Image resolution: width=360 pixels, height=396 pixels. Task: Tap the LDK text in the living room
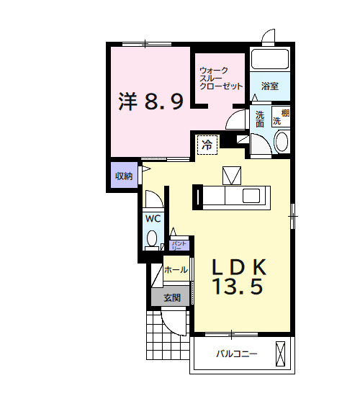pos(239,267)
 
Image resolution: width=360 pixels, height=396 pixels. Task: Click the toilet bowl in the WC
pos(153,238)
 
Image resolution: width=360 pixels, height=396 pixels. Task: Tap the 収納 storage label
pos(123,176)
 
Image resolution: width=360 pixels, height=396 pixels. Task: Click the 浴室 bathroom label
pos(270,86)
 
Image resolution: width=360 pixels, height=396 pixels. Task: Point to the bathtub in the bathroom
pos(269,59)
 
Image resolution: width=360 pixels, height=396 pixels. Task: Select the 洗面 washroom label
pos(260,118)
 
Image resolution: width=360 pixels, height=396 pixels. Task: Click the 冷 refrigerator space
pos(207,145)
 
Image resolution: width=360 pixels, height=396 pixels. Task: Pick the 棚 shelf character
pos(286,112)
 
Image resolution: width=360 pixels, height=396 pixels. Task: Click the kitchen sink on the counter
pos(253,196)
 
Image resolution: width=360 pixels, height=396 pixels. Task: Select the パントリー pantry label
pos(179,245)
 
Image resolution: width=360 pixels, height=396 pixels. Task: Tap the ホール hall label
pos(176,270)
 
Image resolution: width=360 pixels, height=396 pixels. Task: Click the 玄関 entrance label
pos(171,297)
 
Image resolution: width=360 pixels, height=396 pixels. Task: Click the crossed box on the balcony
pos(281,354)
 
